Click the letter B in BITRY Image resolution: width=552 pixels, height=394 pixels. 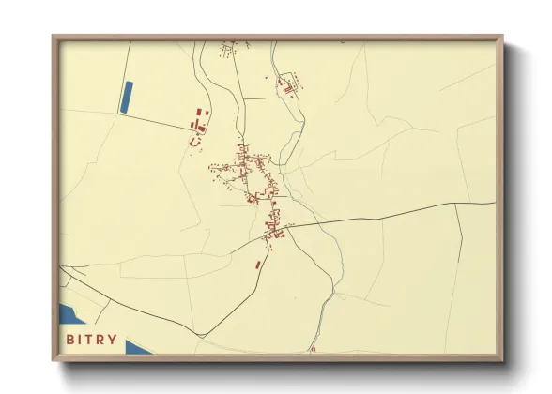click(70, 341)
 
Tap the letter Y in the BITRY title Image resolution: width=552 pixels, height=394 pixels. click(114, 341)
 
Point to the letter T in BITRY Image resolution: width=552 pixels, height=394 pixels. click(91, 341)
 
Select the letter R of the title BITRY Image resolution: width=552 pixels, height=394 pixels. click(102, 341)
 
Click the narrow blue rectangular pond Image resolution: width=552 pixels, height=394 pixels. click(127, 98)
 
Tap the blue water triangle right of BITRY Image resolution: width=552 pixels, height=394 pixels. click(137, 347)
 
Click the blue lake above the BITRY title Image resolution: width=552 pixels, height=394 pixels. click(71, 314)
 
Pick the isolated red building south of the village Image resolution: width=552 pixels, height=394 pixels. click(258, 265)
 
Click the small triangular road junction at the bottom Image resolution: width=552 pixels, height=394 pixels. click(314, 349)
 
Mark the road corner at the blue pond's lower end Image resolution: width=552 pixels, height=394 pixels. click(119, 114)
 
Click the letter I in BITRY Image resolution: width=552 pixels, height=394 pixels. click(82, 341)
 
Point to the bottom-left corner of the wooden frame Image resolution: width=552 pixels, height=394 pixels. click(54, 359)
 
